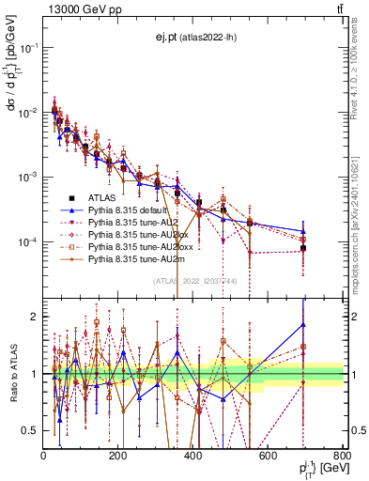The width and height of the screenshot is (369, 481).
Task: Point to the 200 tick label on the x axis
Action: pos(118,458)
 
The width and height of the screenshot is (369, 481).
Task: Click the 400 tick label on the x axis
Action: pos(193,458)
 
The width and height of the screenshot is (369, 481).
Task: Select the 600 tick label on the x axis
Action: pos(269,458)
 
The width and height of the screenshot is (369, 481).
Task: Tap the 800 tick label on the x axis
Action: pos(342,458)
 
